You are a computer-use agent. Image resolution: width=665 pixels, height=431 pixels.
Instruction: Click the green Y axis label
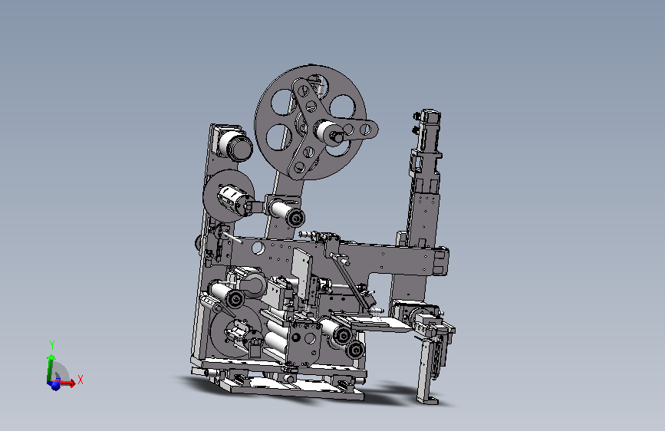tap(52, 344)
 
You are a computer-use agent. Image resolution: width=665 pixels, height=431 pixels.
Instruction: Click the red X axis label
tap(81, 380)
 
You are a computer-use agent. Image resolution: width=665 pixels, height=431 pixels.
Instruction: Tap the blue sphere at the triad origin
tap(54, 385)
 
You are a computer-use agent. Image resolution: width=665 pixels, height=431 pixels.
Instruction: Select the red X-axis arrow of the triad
tap(67, 383)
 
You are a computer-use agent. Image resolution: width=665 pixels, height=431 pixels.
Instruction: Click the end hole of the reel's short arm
tap(367, 129)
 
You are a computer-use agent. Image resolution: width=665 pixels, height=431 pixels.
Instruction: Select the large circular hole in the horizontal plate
tap(258, 248)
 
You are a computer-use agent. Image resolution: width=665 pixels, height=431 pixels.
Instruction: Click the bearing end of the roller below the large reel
tap(295, 218)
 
